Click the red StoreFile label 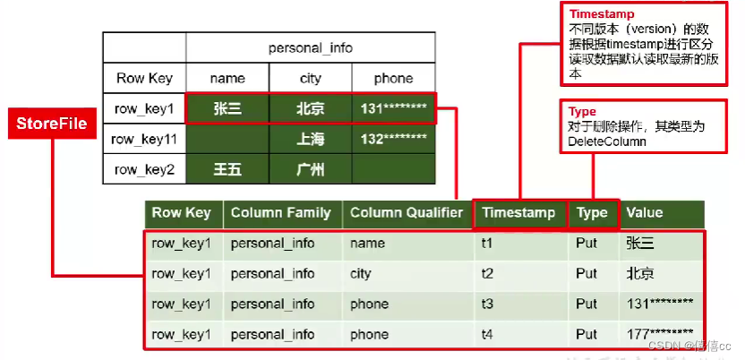pos(50,124)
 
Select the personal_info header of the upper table pos(311,47)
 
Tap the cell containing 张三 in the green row pos(227,109)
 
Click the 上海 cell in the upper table pos(310,140)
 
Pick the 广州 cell pos(310,169)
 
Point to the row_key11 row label pos(144,140)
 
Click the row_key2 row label pos(144,169)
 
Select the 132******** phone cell pos(394,140)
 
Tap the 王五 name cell pos(227,169)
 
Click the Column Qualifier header pos(406,213)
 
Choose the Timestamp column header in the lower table pos(518,213)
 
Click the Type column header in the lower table pos(592,213)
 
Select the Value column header pos(645,213)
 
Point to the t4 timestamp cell pos(489,334)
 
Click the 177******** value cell pos(661,334)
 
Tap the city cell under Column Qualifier pos(362,274)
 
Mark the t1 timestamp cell pos(489,244)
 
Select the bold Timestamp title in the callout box pos(596,14)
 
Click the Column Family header pos(280,213)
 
